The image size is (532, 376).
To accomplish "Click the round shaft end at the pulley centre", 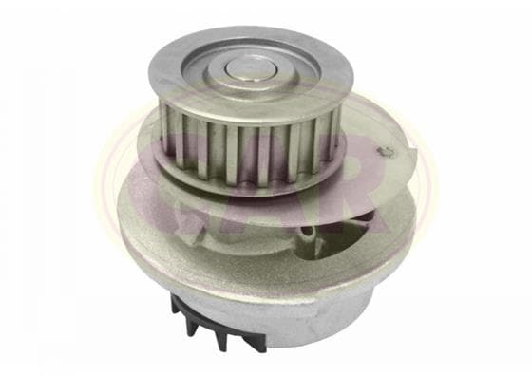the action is (x=251, y=67).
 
